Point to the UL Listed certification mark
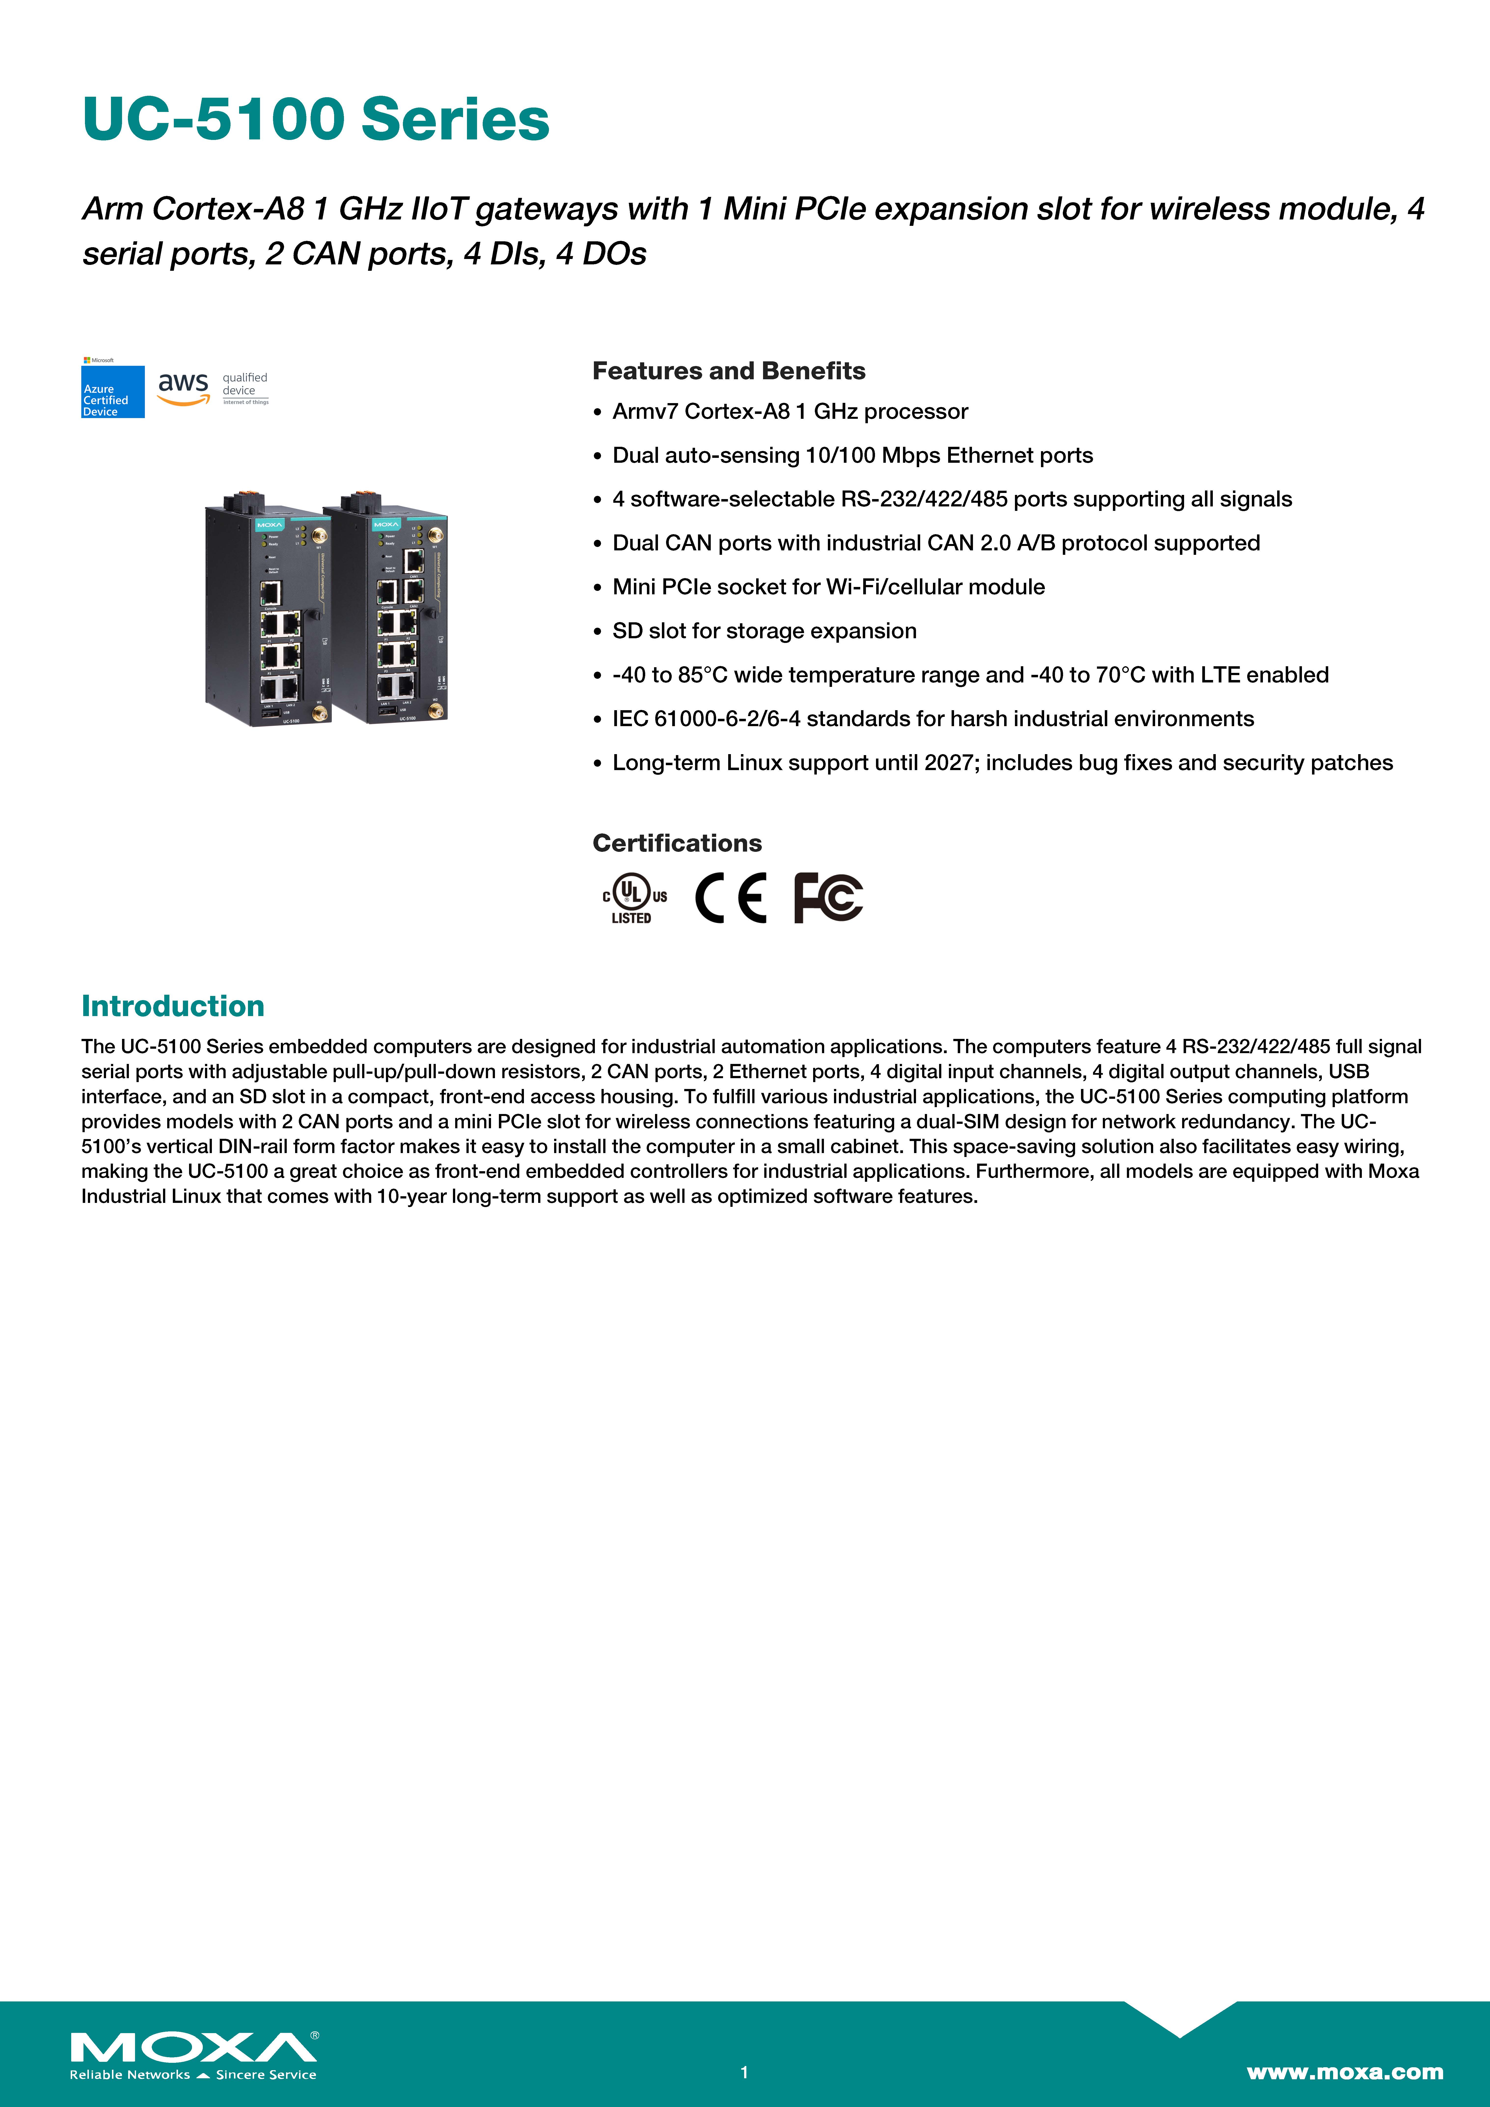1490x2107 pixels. (x=633, y=897)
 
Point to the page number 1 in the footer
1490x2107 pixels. (x=745, y=2072)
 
